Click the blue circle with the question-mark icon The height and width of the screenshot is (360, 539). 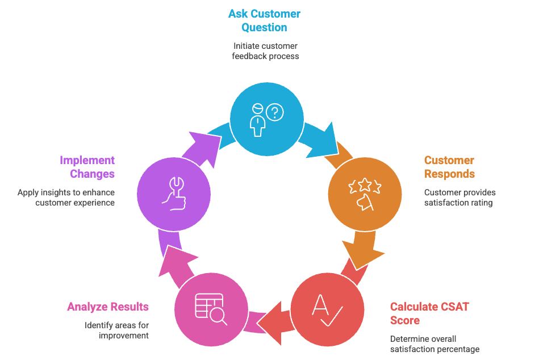point(266,118)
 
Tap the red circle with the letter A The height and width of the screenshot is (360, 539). point(327,309)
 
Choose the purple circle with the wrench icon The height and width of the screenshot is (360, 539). point(174,194)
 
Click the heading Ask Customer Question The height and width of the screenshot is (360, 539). point(264,20)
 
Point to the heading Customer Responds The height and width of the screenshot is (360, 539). point(449,167)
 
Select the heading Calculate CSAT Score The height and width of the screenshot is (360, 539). point(429,313)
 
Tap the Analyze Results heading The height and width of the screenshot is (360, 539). point(108,307)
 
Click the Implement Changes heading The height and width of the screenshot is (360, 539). point(87,167)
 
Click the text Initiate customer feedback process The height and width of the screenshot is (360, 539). point(265,51)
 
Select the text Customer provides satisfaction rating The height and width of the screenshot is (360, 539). point(459,198)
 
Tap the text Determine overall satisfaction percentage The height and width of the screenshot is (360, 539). point(434,344)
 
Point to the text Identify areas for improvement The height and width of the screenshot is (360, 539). point(116,330)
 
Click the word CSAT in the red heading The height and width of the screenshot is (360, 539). point(453,307)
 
